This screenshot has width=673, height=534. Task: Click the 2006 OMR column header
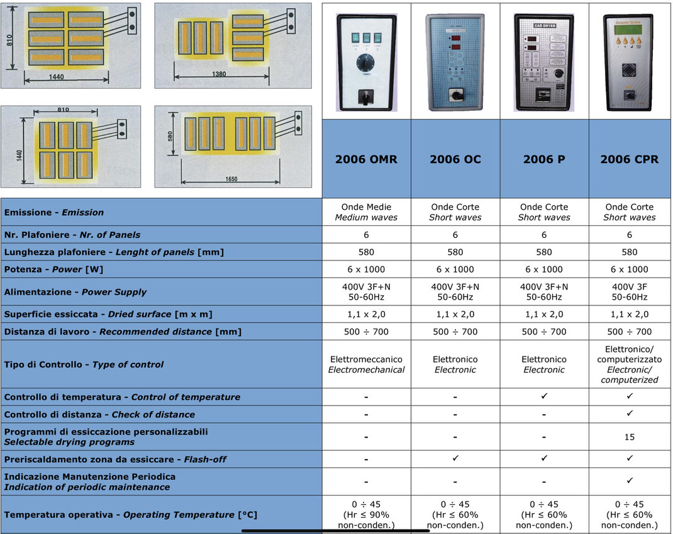click(x=366, y=159)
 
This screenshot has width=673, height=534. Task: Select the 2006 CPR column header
click(x=630, y=159)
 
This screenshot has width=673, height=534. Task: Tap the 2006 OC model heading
click(x=455, y=159)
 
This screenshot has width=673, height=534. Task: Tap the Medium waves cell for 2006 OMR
click(x=366, y=212)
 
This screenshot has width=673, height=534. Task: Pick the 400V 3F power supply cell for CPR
click(x=630, y=292)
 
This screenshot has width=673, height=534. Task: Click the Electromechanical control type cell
click(x=366, y=365)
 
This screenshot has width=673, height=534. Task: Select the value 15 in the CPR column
click(x=630, y=437)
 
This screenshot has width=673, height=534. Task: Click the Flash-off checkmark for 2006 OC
click(x=455, y=458)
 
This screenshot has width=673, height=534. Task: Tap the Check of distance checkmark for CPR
click(x=630, y=414)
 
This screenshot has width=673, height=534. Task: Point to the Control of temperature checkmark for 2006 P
click(x=544, y=397)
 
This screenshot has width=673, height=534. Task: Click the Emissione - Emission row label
click(x=54, y=212)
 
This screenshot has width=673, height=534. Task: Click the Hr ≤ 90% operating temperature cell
click(x=366, y=514)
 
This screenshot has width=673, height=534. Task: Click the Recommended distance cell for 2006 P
click(x=544, y=331)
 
